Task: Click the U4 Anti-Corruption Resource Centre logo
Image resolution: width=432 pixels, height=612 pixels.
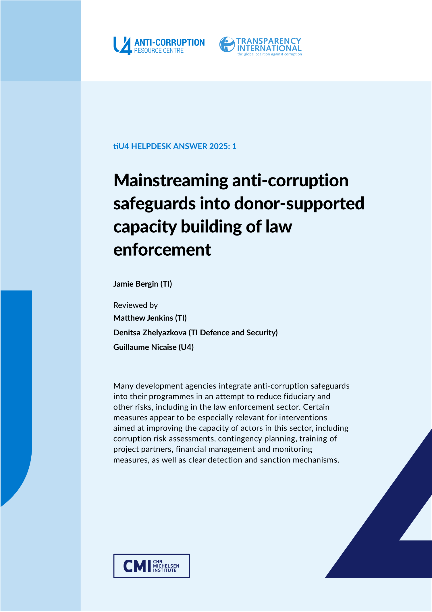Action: click(159, 46)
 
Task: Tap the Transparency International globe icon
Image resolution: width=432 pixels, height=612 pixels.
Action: click(227, 45)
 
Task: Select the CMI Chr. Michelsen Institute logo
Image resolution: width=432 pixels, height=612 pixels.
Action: click(151, 566)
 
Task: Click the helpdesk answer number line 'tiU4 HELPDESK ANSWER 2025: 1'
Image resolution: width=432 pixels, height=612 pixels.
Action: click(175, 146)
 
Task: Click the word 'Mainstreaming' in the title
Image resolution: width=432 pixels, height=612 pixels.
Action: click(171, 181)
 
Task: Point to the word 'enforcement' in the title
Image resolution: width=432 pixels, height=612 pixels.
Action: click(162, 250)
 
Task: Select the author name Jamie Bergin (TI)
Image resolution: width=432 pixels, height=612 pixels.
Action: click(142, 284)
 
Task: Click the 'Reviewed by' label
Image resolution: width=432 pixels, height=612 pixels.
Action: click(135, 305)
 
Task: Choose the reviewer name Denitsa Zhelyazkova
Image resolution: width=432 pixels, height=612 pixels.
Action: click(150, 332)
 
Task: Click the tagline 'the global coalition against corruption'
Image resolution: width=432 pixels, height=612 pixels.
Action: click(269, 54)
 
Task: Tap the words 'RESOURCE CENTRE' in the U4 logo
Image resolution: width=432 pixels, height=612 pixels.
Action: click(159, 51)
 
